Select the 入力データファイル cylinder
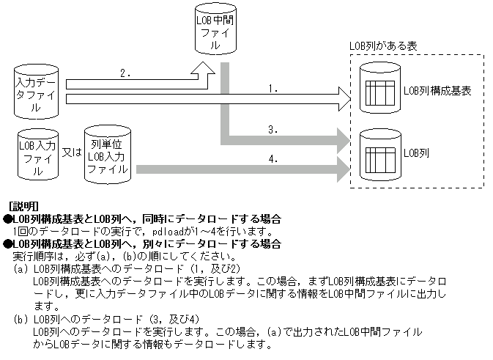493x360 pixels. [37, 93]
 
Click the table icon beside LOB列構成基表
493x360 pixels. [379, 92]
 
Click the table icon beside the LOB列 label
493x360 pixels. [379, 156]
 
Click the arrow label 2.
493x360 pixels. [126, 73]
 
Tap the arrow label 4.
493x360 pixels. [273, 158]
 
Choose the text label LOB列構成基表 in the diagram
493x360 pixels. [437, 92]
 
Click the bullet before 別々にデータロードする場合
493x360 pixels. [7, 243]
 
